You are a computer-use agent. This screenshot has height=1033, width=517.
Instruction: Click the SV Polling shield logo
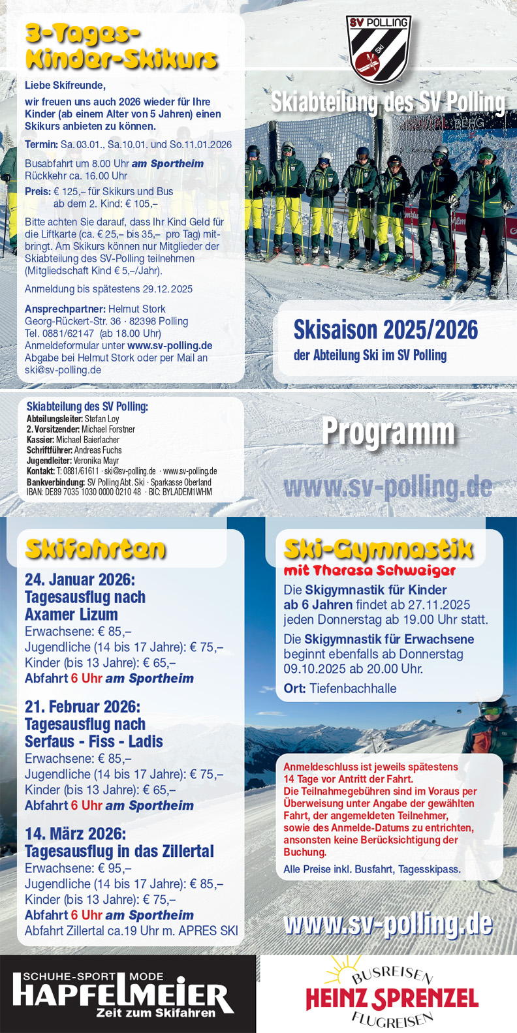point(379,49)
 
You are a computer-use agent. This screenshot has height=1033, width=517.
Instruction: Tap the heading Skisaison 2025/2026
point(385,330)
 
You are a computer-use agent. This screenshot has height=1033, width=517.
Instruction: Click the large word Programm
point(388,432)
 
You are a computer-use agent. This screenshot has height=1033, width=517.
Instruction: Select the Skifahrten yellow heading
point(95,549)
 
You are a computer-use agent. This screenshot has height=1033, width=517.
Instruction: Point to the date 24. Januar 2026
point(80,579)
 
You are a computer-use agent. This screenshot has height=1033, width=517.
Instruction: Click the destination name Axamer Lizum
point(71,615)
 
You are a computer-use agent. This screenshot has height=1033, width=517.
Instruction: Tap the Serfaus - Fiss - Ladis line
point(93,742)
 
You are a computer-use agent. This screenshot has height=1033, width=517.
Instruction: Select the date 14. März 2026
point(75,834)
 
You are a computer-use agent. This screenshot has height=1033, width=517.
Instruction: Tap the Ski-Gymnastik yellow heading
point(378,549)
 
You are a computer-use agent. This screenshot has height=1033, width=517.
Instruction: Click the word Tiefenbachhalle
point(352,688)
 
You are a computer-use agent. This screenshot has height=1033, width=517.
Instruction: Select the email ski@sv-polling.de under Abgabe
point(63,370)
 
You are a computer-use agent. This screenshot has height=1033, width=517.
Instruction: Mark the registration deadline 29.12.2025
point(167,289)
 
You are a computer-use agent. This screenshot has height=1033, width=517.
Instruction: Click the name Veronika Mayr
point(96,461)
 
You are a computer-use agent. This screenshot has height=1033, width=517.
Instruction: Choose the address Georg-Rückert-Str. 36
point(72,321)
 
